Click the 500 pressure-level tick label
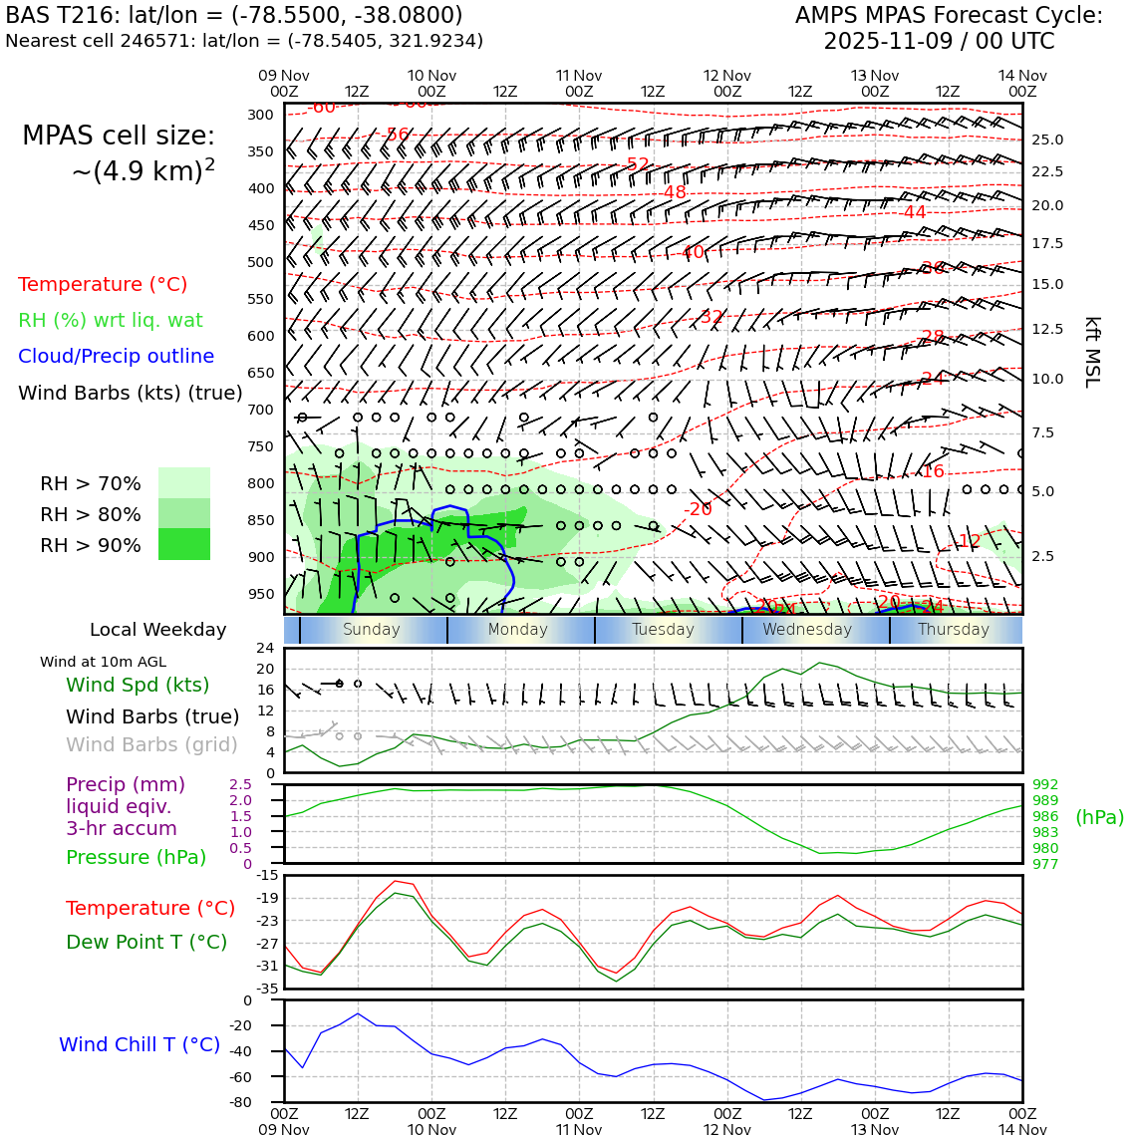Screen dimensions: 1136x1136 [x=260, y=262]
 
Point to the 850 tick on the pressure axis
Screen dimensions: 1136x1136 [x=260, y=520]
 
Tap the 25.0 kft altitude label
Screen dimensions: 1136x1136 [x=1046, y=141]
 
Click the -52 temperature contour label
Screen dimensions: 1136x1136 [x=638, y=164]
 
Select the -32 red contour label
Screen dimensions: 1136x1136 [x=711, y=317]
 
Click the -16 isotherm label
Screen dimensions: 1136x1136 [x=932, y=471]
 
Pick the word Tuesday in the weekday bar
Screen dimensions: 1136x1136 [x=663, y=630]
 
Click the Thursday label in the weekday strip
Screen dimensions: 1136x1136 [x=953, y=630]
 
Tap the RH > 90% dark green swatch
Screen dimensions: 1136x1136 [x=184, y=544]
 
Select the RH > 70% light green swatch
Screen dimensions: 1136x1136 [x=184, y=482]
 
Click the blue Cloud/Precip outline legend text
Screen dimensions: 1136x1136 [x=116, y=356]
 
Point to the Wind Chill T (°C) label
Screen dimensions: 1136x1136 [x=140, y=1044]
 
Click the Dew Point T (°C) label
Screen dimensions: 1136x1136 [x=146, y=942]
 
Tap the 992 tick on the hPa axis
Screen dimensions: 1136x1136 [x=1045, y=784]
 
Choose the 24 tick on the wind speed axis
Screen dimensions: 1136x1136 [x=265, y=648]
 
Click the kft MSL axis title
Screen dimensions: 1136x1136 [x=1091, y=352]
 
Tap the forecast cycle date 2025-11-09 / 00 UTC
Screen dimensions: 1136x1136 [x=939, y=42]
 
